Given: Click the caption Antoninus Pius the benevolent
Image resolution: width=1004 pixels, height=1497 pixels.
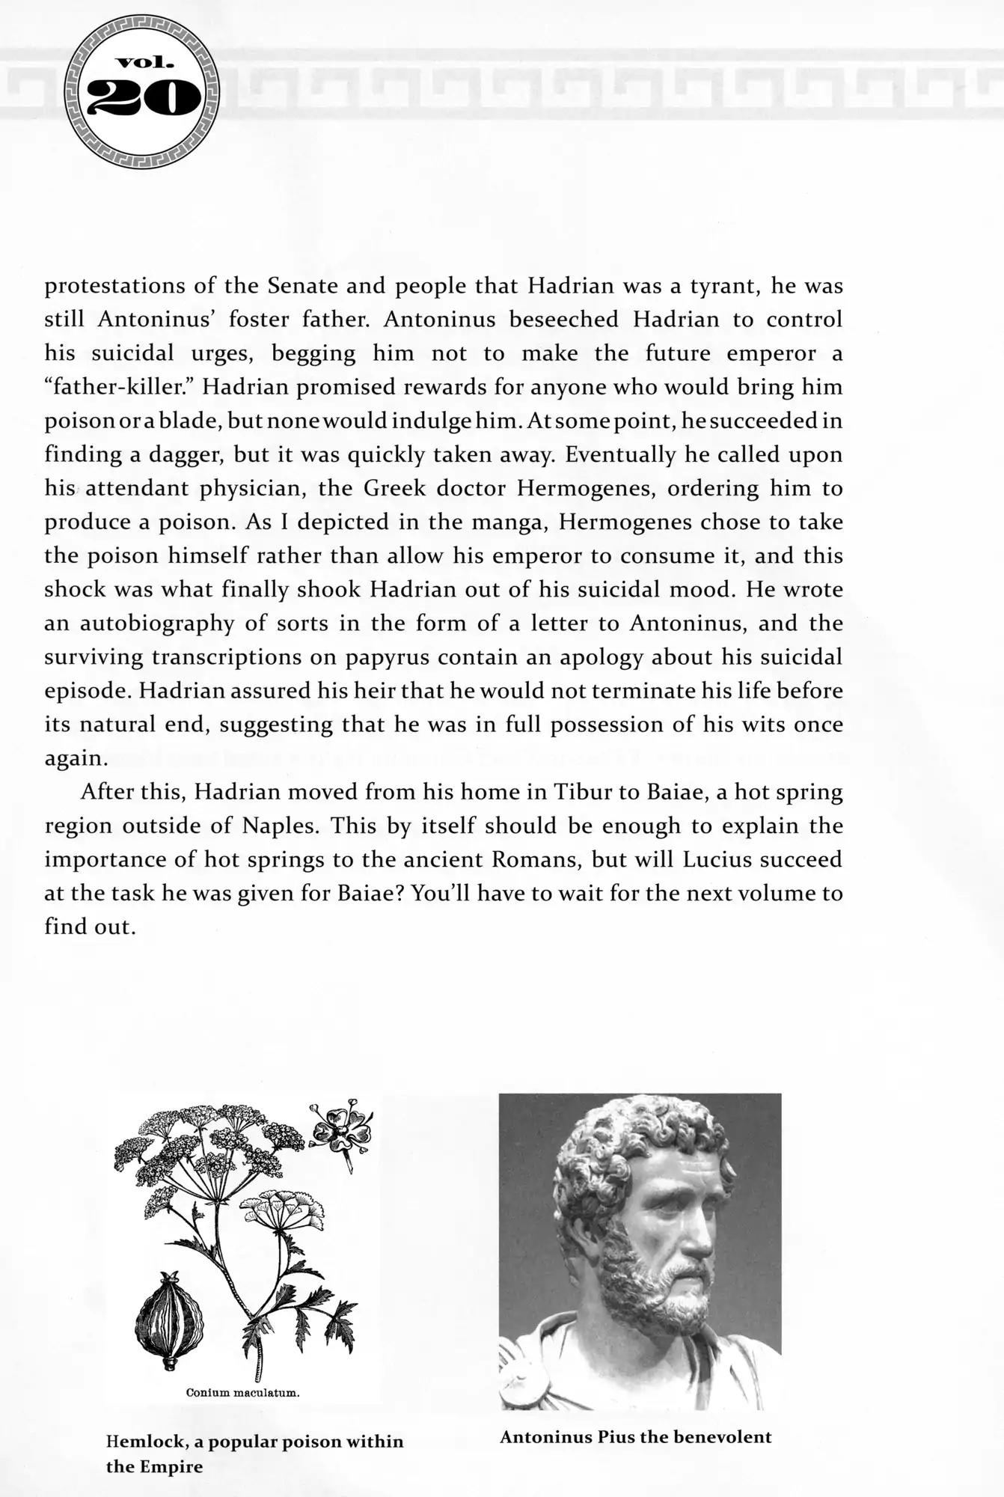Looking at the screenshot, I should [635, 1436].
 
